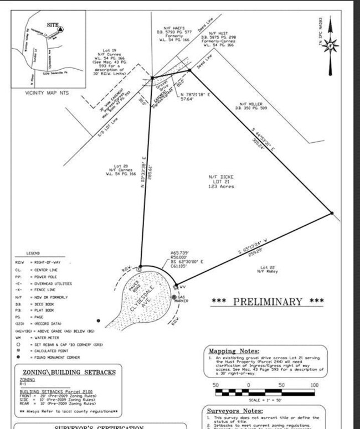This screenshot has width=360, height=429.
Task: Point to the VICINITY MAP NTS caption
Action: pos(47,93)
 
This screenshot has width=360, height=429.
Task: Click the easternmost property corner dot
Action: pos(331,213)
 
